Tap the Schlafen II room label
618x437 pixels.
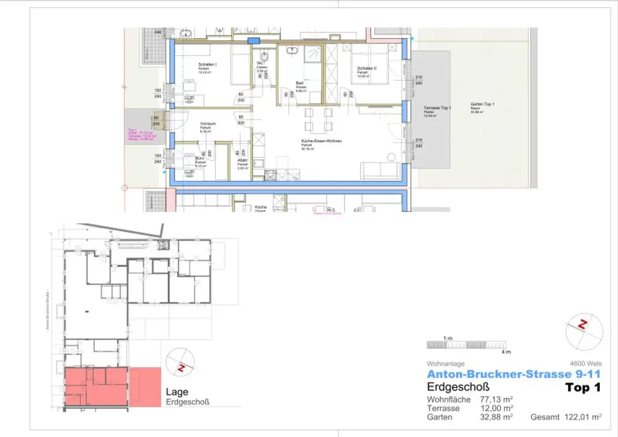tap(366, 68)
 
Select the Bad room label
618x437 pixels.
tap(300, 83)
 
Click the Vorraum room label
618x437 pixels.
tap(208, 124)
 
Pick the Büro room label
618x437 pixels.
tap(200, 159)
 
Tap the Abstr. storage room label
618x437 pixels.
tap(243, 161)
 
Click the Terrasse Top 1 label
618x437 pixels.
tap(438, 107)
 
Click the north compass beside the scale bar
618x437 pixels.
tap(583, 326)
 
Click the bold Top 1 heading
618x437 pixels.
tap(583, 388)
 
